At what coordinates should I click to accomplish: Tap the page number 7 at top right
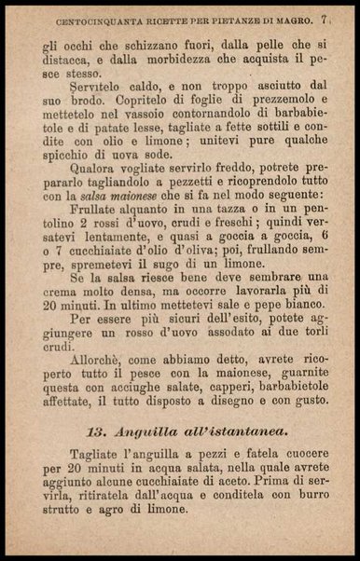click(323, 19)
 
